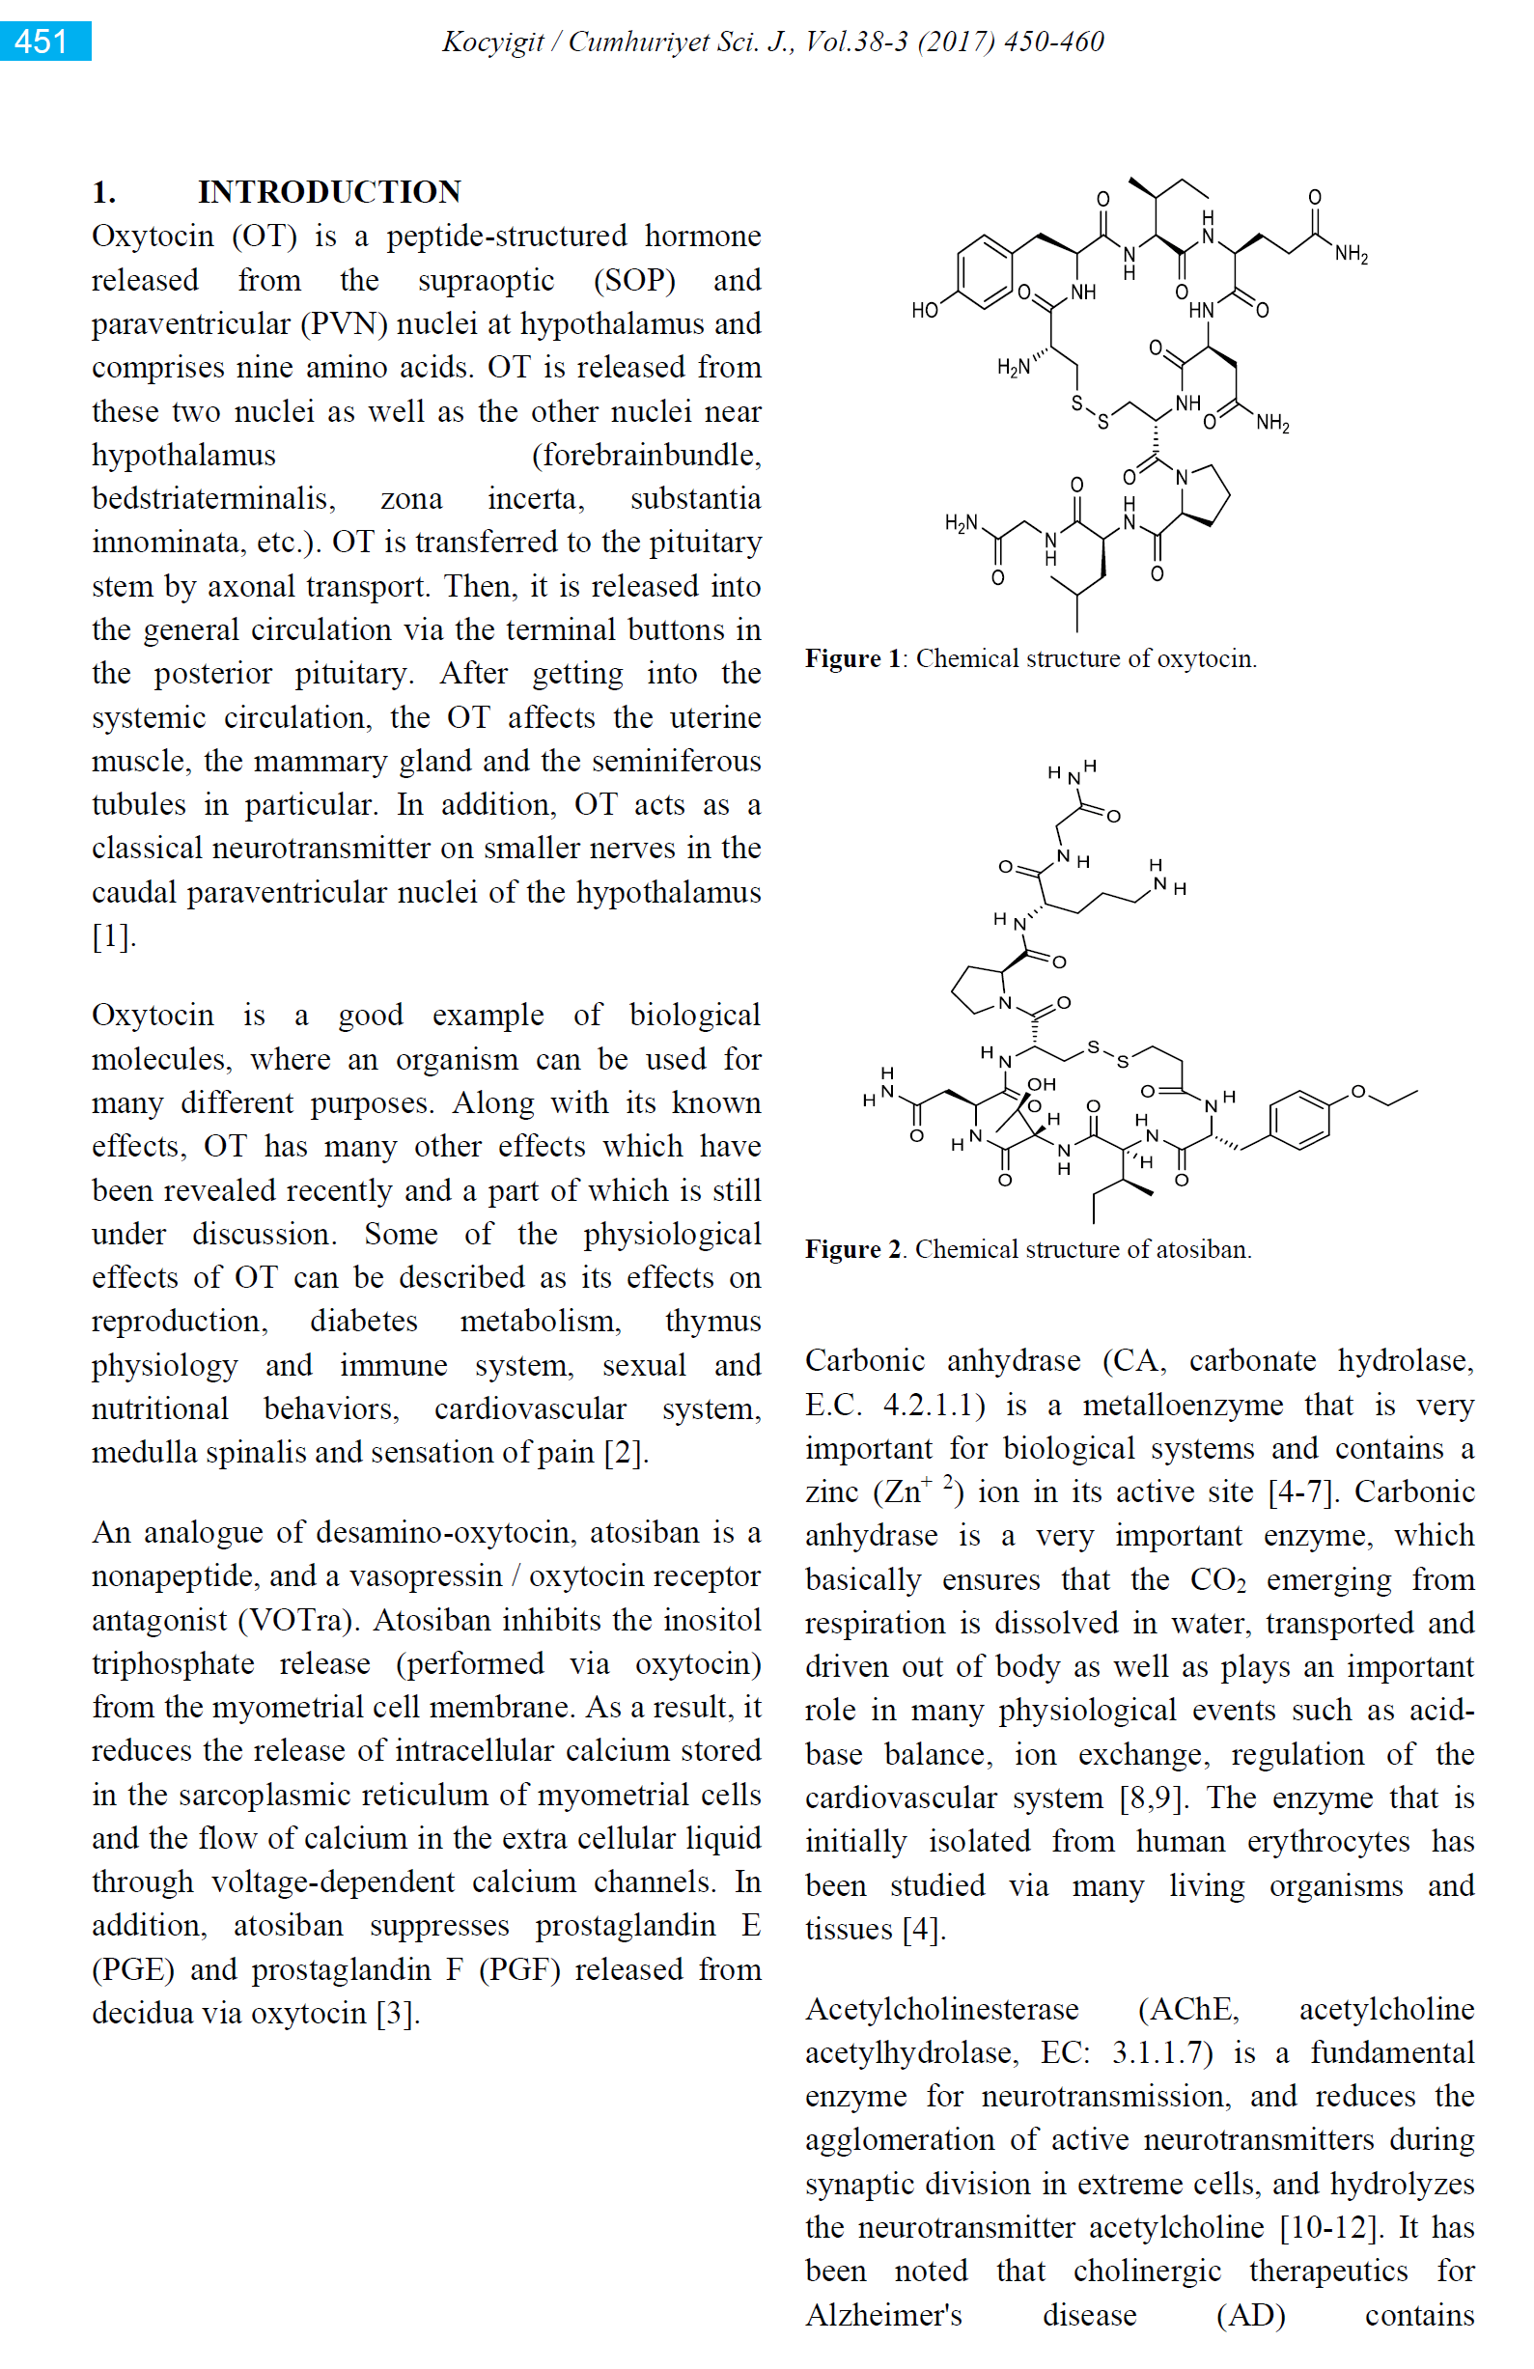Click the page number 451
coord(42,42)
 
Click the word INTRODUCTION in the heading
coord(329,191)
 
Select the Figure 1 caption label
coord(852,659)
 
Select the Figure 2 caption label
coord(852,1249)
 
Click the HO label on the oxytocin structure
coord(925,311)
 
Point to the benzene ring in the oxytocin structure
coord(985,270)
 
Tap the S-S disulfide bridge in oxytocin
coord(1089,413)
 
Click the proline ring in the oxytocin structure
coord(1204,492)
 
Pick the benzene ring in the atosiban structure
coord(1299,1121)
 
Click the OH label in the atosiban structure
coord(1042,1084)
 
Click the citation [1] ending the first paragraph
coord(114,936)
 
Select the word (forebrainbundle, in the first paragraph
coord(646,455)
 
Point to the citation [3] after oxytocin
coord(397,2014)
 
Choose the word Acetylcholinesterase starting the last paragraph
coord(941,2010)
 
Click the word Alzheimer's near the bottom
coord(883,2315)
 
